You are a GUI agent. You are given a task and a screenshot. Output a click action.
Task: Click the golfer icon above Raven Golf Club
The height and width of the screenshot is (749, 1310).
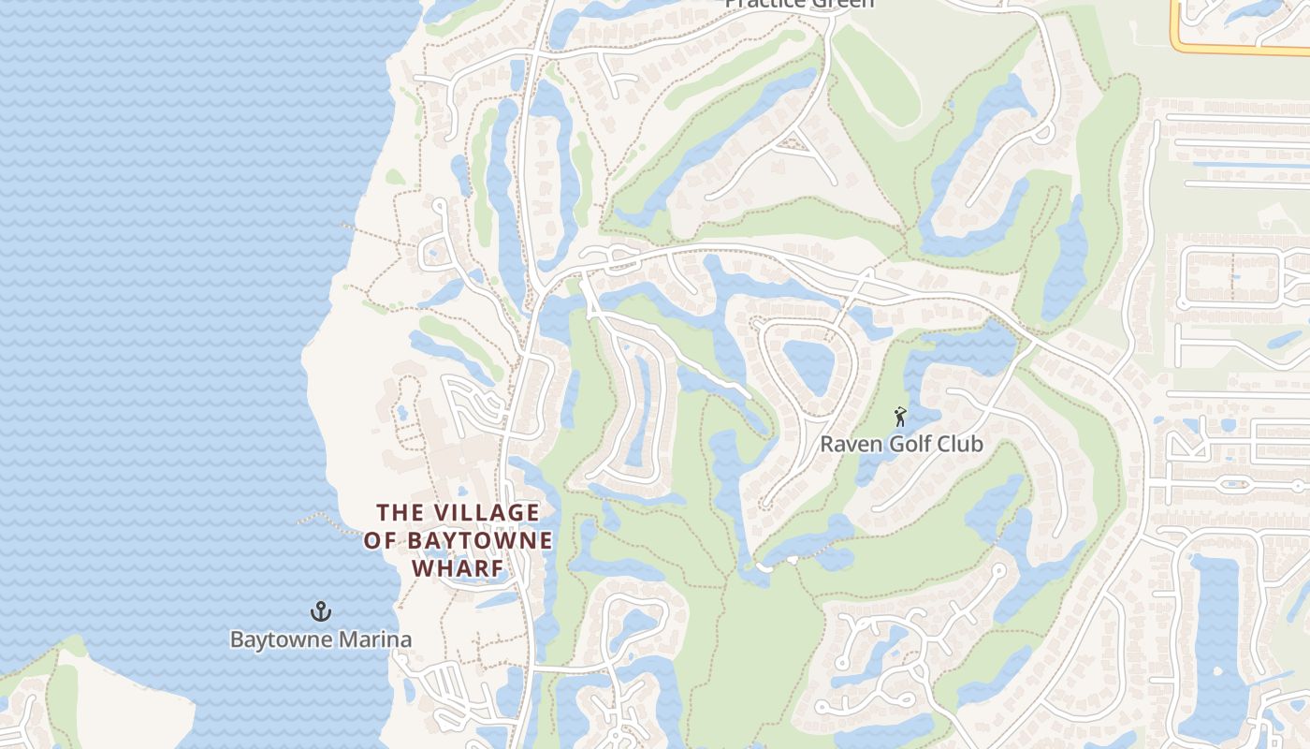coord(900,417)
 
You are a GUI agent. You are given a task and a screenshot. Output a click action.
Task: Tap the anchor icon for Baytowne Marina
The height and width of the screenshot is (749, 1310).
coord(321,612)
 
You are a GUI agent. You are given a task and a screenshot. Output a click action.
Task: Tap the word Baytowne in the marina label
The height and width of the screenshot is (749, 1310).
coord(281,640)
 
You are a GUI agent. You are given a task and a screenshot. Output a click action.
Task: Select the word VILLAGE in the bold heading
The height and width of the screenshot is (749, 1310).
coord(485,513)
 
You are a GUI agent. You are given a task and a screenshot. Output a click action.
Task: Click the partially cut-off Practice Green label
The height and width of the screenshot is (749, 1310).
coord(800,4)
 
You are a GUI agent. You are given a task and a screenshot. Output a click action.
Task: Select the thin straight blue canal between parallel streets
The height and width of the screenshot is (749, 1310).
coord(1244,166)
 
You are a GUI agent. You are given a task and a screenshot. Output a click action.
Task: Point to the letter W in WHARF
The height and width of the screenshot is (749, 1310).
coord(423,568)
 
